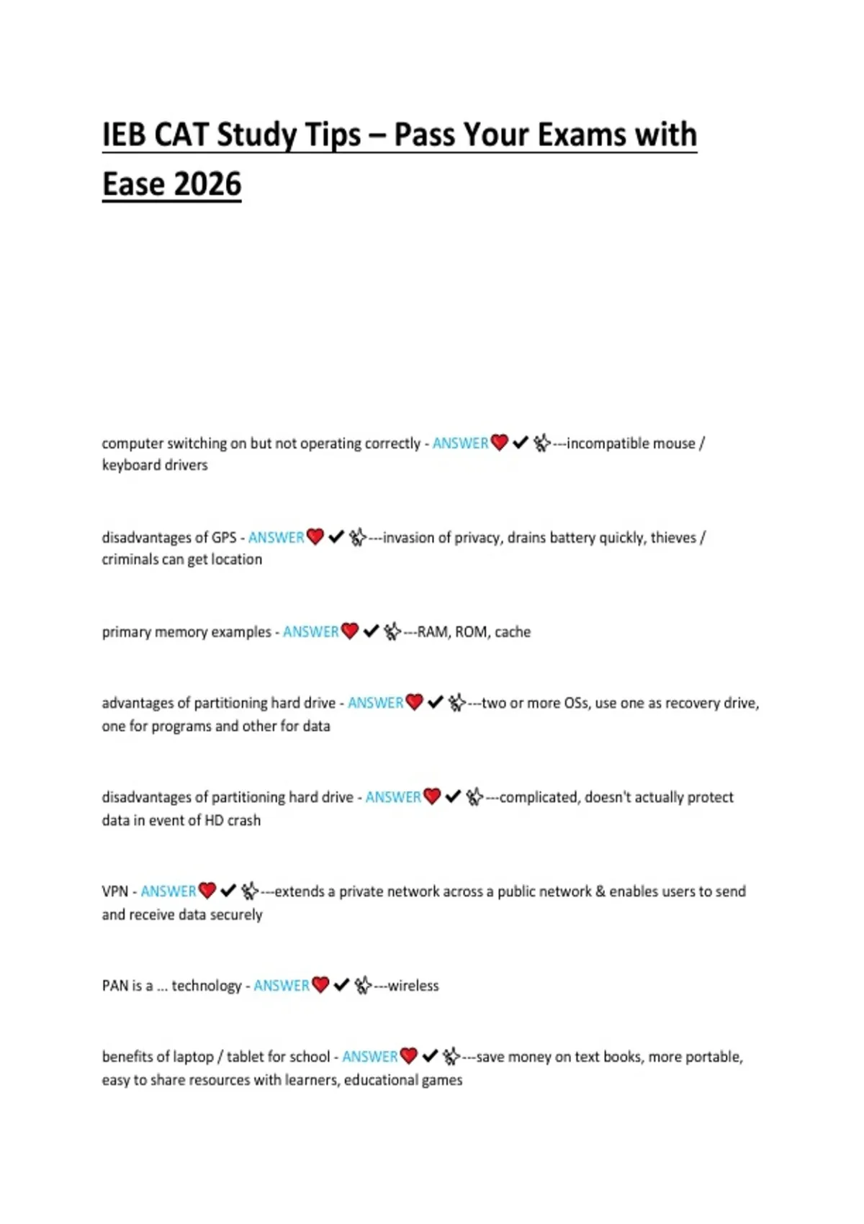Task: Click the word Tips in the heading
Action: [333, 135]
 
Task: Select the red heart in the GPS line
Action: [315, 536]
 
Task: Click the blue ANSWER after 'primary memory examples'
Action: [310, 631]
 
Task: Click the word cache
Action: [513, 631]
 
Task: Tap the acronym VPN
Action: [114, 891]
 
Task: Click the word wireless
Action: [413, 986]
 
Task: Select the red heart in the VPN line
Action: [207, 891]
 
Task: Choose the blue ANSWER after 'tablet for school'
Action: [369, 1057]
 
